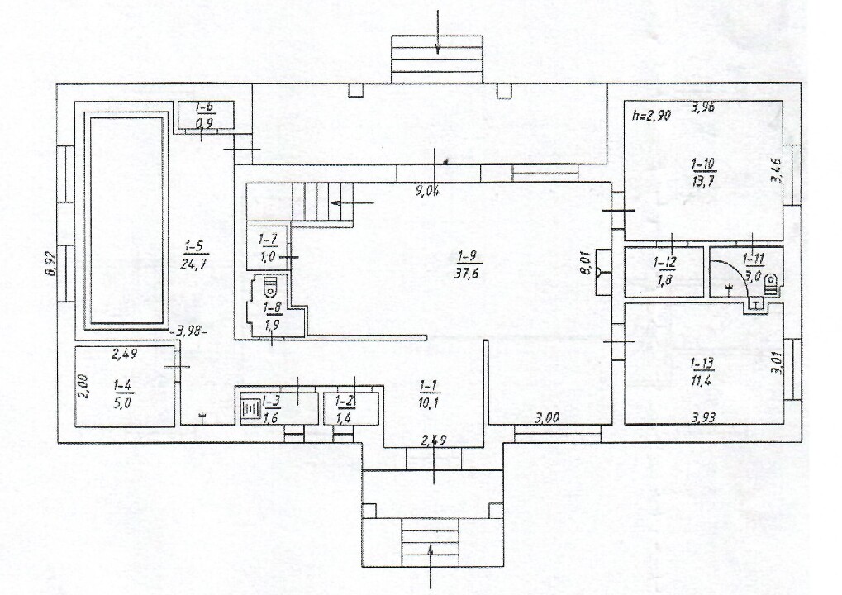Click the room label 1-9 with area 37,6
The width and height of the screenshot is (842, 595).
pyautogui.click(x=466, y=264)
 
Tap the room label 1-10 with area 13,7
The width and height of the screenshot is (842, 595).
pyautogui.click(x=703, y=172)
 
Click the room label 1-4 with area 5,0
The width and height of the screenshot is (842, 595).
pyautogui.click(x=123, y=393)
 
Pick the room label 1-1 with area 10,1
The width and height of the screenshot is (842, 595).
pyautogui.click(x=429, y=393)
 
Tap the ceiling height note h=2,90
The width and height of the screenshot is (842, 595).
pyautogui.click(x=651, y=114)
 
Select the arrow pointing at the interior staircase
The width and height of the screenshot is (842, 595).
pyautogui.click(x=352, y=203)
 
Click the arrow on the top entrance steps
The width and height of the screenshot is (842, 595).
pyautogui.click(x=438, y=32)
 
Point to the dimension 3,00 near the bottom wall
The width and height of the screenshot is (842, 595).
pyautogui.click(x=547, y=417)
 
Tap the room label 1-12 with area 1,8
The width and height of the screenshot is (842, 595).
pyautogui.click(x=664, y=271)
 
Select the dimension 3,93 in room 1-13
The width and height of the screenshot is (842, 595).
pyautogui.click(x=703, y=417)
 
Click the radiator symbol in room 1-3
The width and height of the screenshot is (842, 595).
pyautogui.click(x=249, y=410)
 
